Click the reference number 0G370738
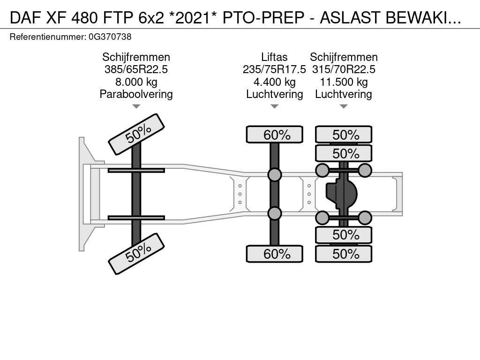110,37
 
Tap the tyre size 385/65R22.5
136,69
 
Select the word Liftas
274,57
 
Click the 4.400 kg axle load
275,82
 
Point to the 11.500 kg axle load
344,82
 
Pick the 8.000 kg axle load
136,82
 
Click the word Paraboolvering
136,94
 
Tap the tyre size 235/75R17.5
274,69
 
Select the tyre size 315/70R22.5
344,69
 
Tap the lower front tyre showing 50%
136,254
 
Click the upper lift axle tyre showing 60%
275,135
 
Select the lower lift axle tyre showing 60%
275,254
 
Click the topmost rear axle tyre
344,135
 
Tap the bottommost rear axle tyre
344,254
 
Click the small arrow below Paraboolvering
136,106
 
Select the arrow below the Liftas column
275,106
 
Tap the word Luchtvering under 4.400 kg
275,94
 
